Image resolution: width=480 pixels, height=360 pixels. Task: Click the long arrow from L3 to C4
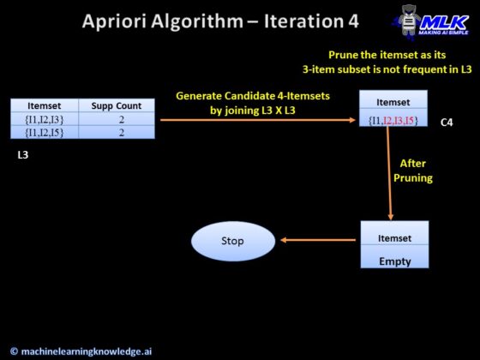point(257,119)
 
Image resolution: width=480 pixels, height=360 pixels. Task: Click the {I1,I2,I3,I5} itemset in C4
point(393,120)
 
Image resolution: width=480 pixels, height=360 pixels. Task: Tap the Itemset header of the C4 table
point(393,101)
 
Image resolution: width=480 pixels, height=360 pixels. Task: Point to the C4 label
point(447,123)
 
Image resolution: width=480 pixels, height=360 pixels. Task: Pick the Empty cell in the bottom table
point(394,261)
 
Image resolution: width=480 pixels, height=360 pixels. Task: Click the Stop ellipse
point(233,241)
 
